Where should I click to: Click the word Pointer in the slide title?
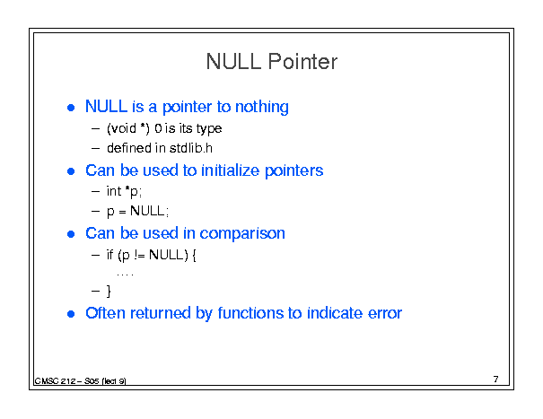click(x=302, y=62)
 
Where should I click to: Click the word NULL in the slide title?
click(x=233, y=62)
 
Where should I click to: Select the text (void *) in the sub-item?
click(x=128, y=128)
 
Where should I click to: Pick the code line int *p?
click(x=124, y=191)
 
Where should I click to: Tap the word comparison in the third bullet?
click(x=242, y=234)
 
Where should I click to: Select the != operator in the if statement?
click(x=139, y=255)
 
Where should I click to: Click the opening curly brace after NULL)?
click(x=194, y=256)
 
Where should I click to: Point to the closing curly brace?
click(x=109, y=292)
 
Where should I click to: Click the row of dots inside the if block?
click(x=125, y=275)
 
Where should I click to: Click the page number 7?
click(x=496, y=380)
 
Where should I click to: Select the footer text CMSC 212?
click(x=55, y=381)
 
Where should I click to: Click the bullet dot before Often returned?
click(x=71, y=314)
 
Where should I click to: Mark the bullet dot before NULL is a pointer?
click(x=71, y=108)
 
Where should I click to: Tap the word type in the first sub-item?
click(x=209, y=129)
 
